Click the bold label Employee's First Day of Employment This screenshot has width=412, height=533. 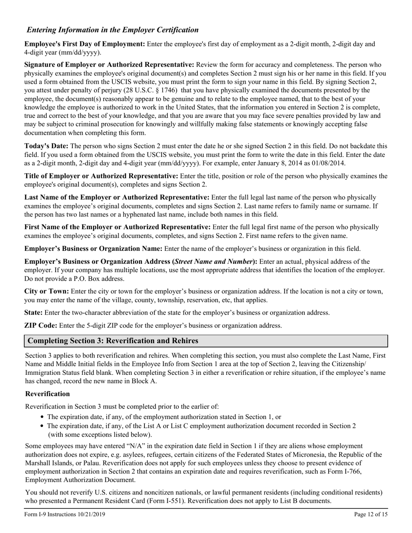[x=85, y=44]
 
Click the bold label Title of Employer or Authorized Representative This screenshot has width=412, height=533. [x=101, y=176]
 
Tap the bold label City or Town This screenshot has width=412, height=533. [x=46, y=291]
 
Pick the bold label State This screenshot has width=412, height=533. [x=33, y=312]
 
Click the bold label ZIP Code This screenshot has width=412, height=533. [x=41, y=325]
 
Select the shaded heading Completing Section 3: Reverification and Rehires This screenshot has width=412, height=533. [x=113, y=341]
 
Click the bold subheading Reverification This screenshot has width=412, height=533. [x=48, y=393]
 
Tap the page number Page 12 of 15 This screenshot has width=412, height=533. [x=371, y=514]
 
